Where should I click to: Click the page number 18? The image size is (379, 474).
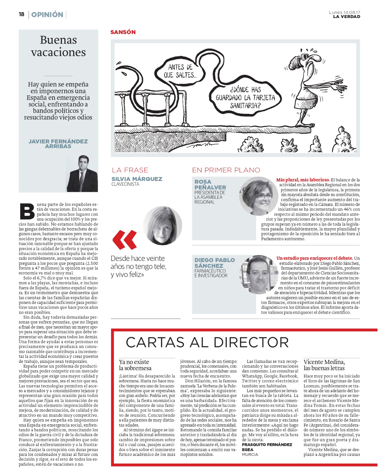tap(21, 14)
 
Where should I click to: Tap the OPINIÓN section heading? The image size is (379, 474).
tap(47, 15)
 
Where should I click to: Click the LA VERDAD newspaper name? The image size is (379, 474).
tap(346, 17)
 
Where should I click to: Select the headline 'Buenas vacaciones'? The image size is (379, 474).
tap(58, 46)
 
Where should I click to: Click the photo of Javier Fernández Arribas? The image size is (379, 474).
tap(82, 174)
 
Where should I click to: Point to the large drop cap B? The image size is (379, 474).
tap(27, 211)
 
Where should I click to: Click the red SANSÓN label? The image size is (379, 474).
tap(123, 32)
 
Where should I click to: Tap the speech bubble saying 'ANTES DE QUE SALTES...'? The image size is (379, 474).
tap(180, 71)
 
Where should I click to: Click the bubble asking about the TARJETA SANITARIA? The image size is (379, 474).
tap(245, 97)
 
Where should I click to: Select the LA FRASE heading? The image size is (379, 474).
tap(130, 170)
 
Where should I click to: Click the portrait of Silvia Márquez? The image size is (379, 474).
tap(162, 225)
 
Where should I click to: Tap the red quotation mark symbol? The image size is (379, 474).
tap(125, 239)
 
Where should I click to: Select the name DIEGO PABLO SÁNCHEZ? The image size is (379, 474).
tap(215, 263)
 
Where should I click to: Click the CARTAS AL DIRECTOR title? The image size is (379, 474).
tap(207, 342)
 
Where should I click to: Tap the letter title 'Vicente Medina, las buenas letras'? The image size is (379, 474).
tap(324, 365)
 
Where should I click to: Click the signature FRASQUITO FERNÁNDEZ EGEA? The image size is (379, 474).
tap(267, 447)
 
